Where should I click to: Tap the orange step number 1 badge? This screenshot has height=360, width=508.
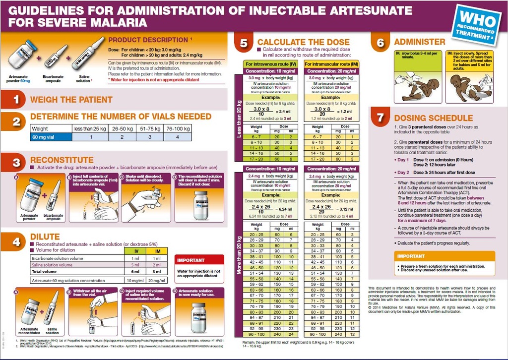click(16, 100)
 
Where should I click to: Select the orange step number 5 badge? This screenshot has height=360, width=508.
click(243, 43)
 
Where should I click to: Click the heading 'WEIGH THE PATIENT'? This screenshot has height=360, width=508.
click(71, 100)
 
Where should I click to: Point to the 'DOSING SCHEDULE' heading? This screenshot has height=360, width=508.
click(433, 119)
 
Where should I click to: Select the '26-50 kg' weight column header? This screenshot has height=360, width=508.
click(123, 129)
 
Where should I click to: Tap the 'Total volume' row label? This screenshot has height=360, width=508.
click(44, 272)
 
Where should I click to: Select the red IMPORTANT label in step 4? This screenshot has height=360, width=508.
click(191, 260)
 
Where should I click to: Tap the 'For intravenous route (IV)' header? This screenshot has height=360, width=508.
click(272, 64)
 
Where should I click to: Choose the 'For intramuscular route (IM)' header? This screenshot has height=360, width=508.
click(331, 64)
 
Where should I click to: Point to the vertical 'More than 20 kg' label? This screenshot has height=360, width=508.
click(240, 253)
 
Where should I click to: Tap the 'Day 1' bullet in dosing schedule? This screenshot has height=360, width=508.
click(402, 160)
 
